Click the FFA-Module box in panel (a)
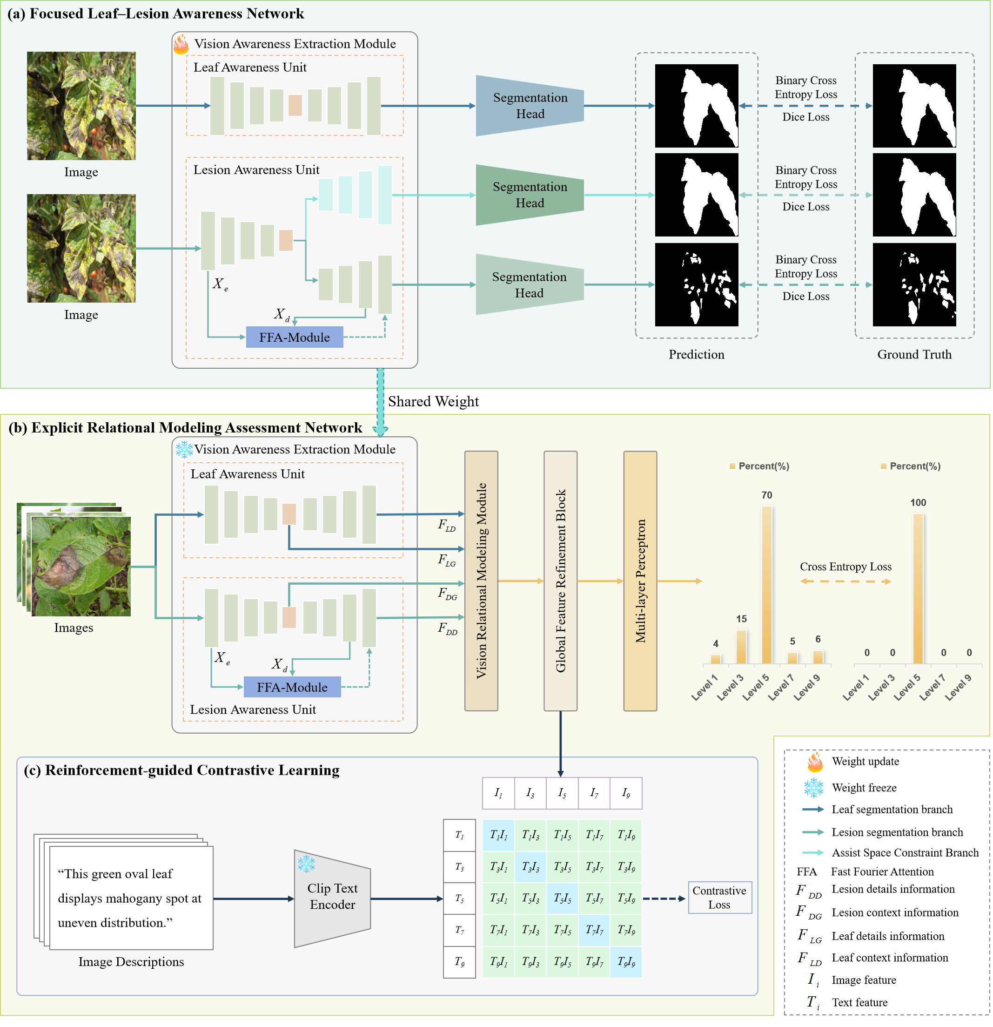click(x=295, y=337)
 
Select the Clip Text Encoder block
click(x=332, y=897)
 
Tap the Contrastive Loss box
click(x=719, y=898)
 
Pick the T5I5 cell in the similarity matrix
click(x=562, y=898)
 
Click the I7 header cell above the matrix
click(x=594, y=793)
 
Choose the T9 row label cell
click(x=459, y=961)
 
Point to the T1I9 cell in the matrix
click(x=625, y=835)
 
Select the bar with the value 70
click(x=766, y=584)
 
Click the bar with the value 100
click(x=918, y=588)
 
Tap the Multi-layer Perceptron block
click(x=640, y=581)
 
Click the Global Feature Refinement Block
click(x=560, y=581)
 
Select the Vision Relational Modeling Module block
click(x=481, y=581)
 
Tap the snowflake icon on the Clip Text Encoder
click(x=306, y=864)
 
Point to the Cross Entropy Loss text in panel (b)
click(x=845, y=567)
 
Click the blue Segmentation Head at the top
click(x=530, y=106)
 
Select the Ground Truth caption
click(x=914, y=354)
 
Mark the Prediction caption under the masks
click(x=696, y=354)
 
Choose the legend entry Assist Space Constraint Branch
click(x=905, y=852)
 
